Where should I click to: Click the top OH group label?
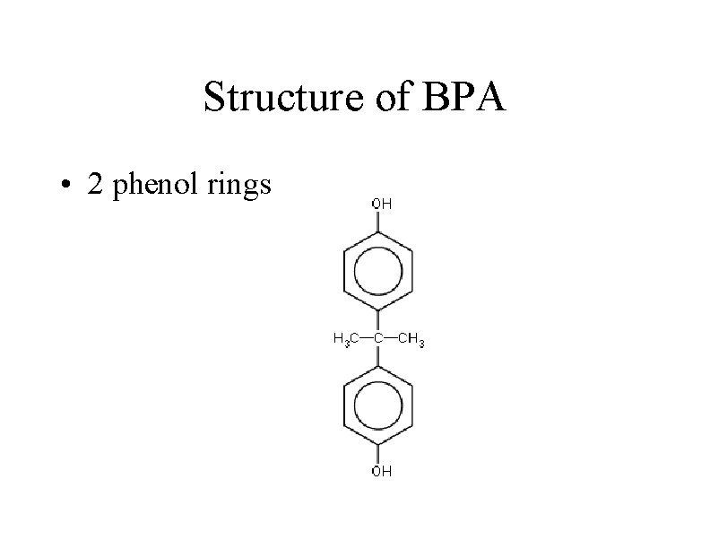[381, 204]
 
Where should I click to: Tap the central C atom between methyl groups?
[378, 338]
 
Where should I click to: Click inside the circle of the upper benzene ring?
[378, 268]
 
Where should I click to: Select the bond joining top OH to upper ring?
[378, 222]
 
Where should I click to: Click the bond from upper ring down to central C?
[378, 319]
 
